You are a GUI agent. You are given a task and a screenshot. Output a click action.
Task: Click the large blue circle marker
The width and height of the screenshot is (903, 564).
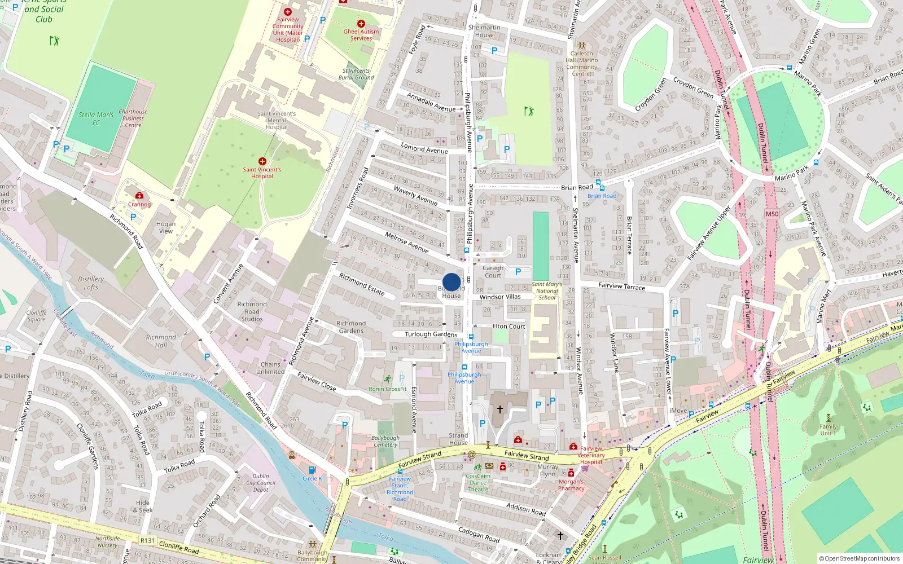(x=451, y=282)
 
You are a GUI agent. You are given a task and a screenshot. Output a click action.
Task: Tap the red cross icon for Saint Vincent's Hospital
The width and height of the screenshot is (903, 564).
(x=262, y=161)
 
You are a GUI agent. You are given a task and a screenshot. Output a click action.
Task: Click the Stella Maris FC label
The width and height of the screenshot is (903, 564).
(x=96, y=118)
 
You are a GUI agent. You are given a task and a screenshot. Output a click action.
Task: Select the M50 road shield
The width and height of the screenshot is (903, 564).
(x=772, y=214)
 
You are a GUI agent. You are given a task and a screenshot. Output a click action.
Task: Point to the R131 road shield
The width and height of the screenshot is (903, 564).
(x=147, y=540)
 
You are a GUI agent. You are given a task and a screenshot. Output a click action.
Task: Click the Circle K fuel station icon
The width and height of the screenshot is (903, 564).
(x=312, y=470)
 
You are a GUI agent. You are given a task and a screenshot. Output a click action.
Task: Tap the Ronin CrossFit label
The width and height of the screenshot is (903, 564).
(x=388, y=389)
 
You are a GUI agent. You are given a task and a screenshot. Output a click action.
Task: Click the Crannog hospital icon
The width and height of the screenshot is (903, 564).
(x=139, y=196)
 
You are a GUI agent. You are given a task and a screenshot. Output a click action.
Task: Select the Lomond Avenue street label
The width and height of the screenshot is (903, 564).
(x=424, y=149)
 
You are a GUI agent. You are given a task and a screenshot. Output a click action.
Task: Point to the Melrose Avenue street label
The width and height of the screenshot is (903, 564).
(x=407, y=241)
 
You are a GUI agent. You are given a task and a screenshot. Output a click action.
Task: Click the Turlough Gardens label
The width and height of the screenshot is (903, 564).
(x=431, y=334)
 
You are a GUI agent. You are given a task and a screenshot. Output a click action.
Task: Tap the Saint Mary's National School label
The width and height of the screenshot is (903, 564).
(x=547, y=291)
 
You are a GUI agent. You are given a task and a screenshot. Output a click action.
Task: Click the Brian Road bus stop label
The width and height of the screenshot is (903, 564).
(x=602, y=196)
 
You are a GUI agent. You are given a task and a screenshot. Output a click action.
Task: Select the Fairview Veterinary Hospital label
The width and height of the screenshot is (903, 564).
(x=591, y=455)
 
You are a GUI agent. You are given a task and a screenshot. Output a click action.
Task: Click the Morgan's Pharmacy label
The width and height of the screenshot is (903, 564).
(x=571, y=485)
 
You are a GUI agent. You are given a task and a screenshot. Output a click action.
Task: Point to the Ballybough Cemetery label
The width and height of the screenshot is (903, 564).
(x=385, y=441)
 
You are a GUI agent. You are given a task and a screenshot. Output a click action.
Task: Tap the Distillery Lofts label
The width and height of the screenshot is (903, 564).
(x=91, y=283)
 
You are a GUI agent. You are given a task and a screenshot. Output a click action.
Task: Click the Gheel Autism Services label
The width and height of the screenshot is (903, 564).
(x=361, y=35)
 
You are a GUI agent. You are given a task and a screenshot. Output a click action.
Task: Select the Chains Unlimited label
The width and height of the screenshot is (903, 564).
(x=270, y=368)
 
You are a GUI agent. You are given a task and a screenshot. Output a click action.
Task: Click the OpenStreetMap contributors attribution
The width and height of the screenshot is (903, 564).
(x=859, y=558)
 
